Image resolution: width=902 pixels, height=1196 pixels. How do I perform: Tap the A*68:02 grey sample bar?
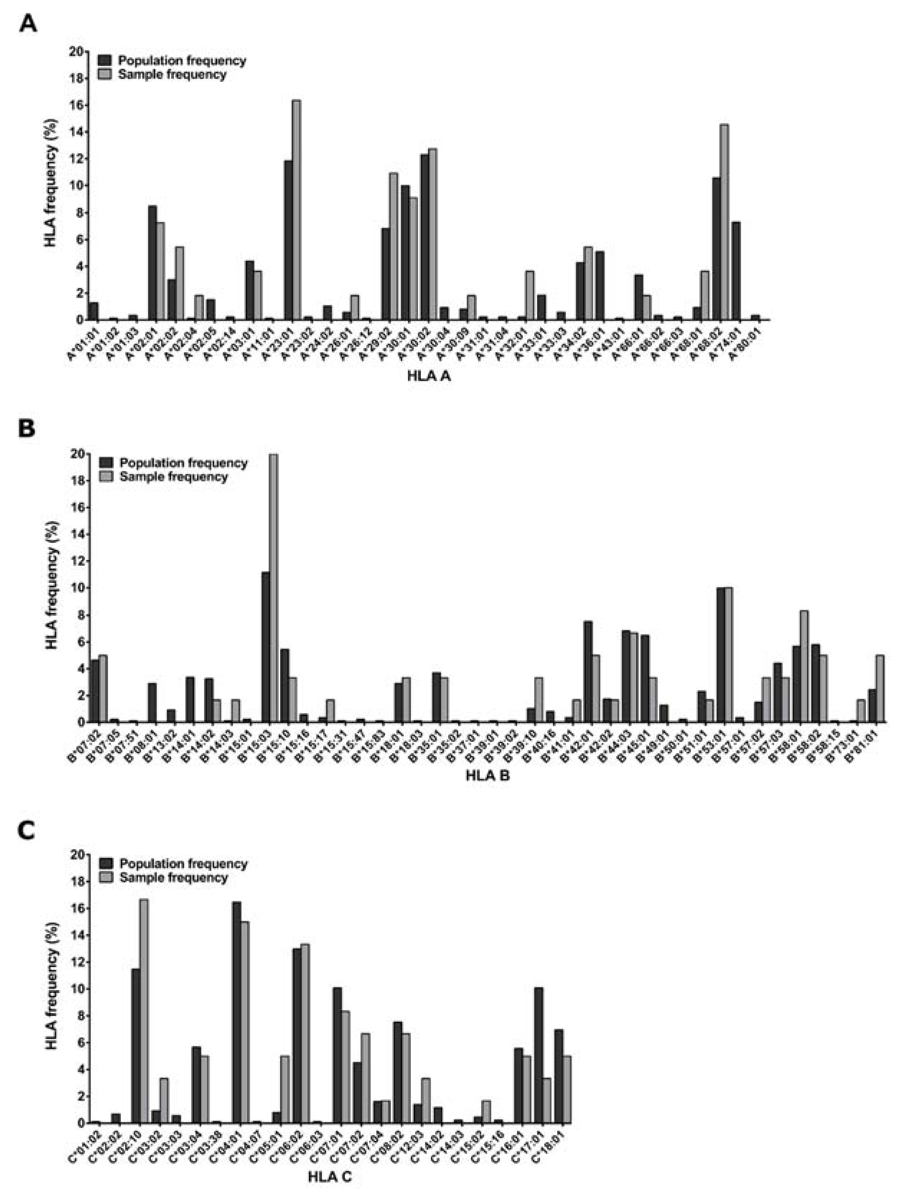(x=724, y=222)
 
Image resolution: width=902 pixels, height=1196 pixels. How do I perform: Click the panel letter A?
(x=28, y=24)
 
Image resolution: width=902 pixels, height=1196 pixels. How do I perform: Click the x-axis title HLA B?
(x=487, y=776)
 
